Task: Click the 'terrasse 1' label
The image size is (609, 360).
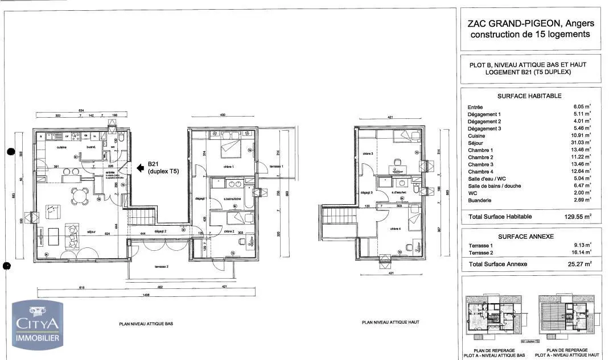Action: pyautogui.click(x=275, y=165)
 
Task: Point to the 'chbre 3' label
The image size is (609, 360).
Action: pyautogui.click(x=368, y=154)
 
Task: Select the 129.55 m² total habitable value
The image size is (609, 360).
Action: pyautogui.click(x=577, y=217)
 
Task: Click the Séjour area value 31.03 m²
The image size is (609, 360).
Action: pyautogui.click(x=579, y=143)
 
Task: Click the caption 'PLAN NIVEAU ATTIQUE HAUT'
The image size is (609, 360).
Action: pyautogui.click(x=390, y=322)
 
